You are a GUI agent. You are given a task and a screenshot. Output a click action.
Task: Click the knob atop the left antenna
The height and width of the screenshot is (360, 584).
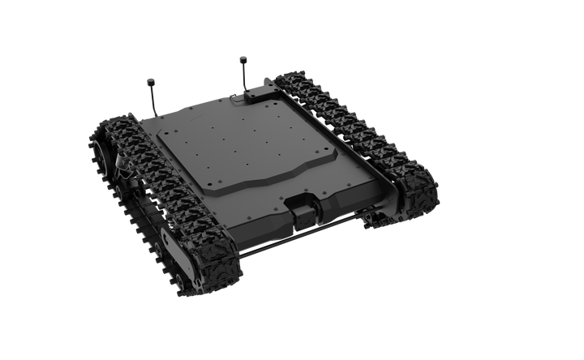pos(149,81)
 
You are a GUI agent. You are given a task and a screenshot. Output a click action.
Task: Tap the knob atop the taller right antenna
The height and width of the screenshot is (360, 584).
pos(242,58)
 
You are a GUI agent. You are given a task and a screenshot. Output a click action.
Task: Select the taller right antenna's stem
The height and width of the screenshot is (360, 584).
pos(243,77)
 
